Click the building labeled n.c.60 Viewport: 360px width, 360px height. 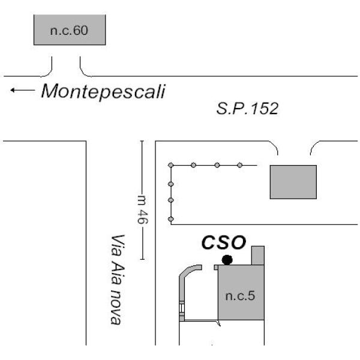70,30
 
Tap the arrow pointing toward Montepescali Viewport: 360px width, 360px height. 23,90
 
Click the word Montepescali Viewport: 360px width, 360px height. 103,91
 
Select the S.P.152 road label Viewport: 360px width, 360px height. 247,109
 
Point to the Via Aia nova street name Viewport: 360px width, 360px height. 118,280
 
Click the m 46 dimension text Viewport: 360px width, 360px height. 142,209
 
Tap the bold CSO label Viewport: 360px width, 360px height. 224,242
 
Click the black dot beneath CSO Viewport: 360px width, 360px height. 227,260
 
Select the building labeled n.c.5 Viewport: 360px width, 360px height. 241,292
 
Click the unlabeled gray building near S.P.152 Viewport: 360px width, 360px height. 293,182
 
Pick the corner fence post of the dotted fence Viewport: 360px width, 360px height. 170,165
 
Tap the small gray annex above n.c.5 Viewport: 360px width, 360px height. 258,256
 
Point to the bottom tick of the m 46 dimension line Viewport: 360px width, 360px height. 142,259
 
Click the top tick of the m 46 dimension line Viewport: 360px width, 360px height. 142,141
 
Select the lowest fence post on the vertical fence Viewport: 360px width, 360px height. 170,219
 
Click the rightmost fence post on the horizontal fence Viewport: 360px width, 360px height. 239,165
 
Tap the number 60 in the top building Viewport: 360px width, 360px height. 80,31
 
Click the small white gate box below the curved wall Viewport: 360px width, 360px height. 182,308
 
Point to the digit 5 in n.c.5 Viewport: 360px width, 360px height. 251,296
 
